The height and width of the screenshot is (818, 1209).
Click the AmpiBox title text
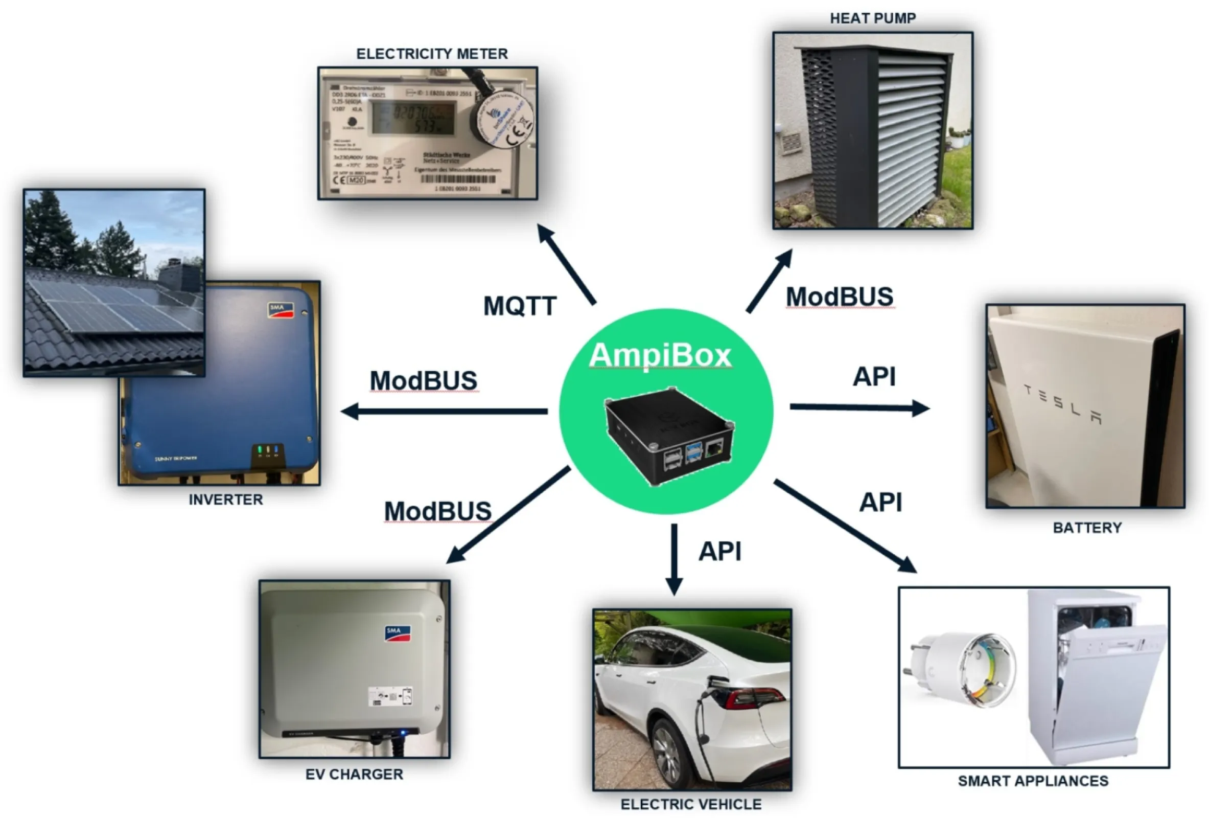[660, 355]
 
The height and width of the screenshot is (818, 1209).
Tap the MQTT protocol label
[520, 305]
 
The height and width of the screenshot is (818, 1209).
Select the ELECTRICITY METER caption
[432, 54]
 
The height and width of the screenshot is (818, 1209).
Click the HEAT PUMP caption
[872, 18]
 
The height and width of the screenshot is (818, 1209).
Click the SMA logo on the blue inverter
[280, 309]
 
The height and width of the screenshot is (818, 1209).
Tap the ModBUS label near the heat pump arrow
[839, 297]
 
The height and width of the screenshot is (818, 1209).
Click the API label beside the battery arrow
[874, 377]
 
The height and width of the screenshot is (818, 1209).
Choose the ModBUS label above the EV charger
[437, 511]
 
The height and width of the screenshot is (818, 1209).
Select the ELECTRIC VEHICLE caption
[691, 804]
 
